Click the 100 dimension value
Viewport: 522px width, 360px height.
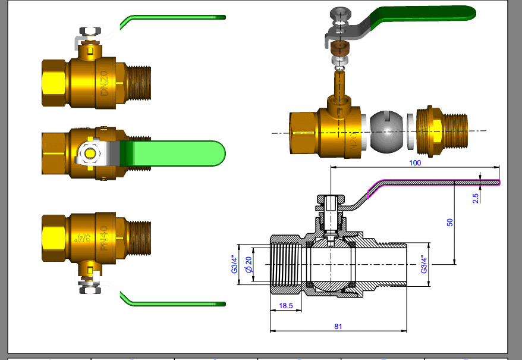tap(414, 162)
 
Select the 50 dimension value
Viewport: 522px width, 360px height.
tap(450, 222)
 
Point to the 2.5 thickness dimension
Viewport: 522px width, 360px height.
tap(476, 198)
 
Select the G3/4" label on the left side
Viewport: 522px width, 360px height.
tap(234, 264)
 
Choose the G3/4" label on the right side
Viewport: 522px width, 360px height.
tap(423, 264)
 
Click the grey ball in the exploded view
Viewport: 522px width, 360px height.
tap(389, 131)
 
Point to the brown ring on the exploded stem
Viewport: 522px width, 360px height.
tap(339, 48)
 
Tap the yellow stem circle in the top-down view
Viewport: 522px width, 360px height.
tap(90, 154)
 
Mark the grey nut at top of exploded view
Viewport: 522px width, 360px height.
tap(339, 14)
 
